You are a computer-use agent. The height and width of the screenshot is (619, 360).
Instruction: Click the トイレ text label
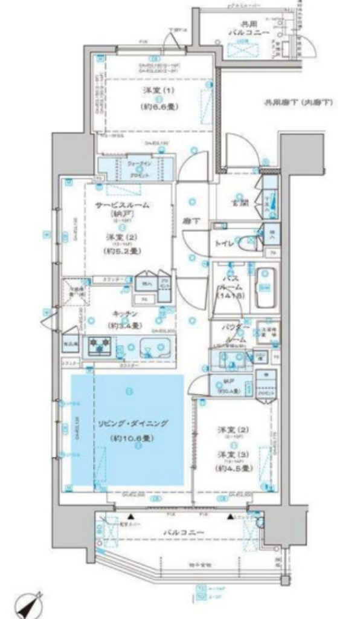point(225,244)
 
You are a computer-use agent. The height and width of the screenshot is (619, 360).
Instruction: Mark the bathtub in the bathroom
point(266,288)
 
